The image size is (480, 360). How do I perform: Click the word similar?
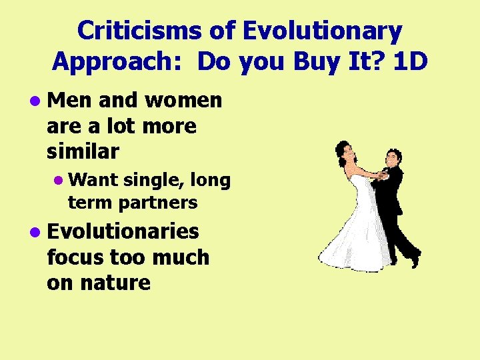[x=83, y=151]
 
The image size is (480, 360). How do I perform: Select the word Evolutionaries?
[x=123, y=231]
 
